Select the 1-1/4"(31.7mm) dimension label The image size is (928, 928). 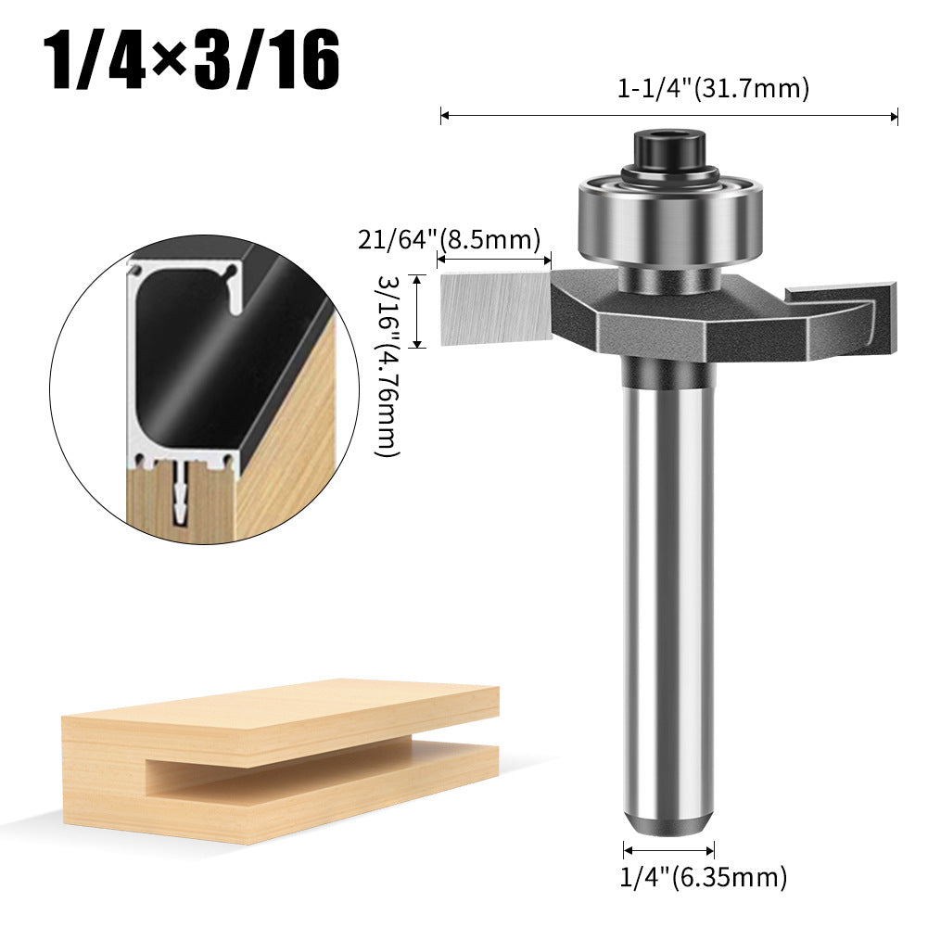coord(714,89)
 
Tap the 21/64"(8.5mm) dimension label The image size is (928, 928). coord(449,241)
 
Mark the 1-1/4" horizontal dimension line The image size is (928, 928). coord(668,116)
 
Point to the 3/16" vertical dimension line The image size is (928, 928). coord(418,311)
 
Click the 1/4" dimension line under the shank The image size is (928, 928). coord(668,849)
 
